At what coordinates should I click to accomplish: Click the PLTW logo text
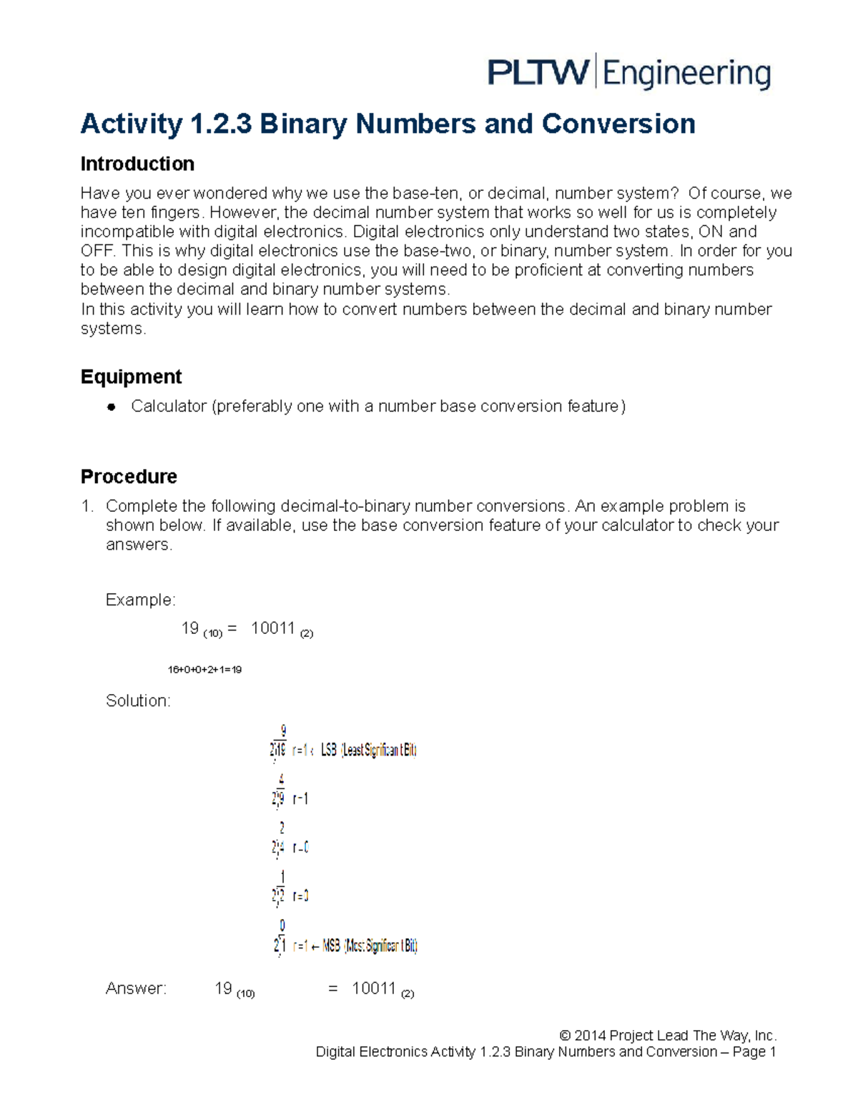(x=538, y=73)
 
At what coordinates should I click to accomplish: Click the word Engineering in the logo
(x=686, y=74)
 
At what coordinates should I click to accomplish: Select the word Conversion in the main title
(x=618, y=124)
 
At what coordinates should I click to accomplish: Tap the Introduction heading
(x=137, y=164)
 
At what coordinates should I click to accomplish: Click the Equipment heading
(x=131, y=377)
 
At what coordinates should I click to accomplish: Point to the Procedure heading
(x=129, y=476)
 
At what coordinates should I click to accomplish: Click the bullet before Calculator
(x=111, y=407)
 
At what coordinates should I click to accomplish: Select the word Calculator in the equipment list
(x=169, y=406)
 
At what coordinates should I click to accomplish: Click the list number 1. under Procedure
(x=87, y=506)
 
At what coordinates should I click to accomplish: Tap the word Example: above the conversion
(x=140, y=600)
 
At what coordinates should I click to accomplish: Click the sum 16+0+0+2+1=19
(x=204, y=670)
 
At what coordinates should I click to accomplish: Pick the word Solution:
(x=138, y=700)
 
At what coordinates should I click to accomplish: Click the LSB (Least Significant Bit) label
(x=368, y=750)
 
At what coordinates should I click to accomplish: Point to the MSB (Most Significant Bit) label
(x=370, y=946)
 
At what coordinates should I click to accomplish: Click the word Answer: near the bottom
(x=136, y=988)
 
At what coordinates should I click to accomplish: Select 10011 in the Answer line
(x=373, y=988)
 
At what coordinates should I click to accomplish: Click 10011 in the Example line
(x=273, y=628)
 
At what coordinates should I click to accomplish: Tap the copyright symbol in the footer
(x=565, y=1036)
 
